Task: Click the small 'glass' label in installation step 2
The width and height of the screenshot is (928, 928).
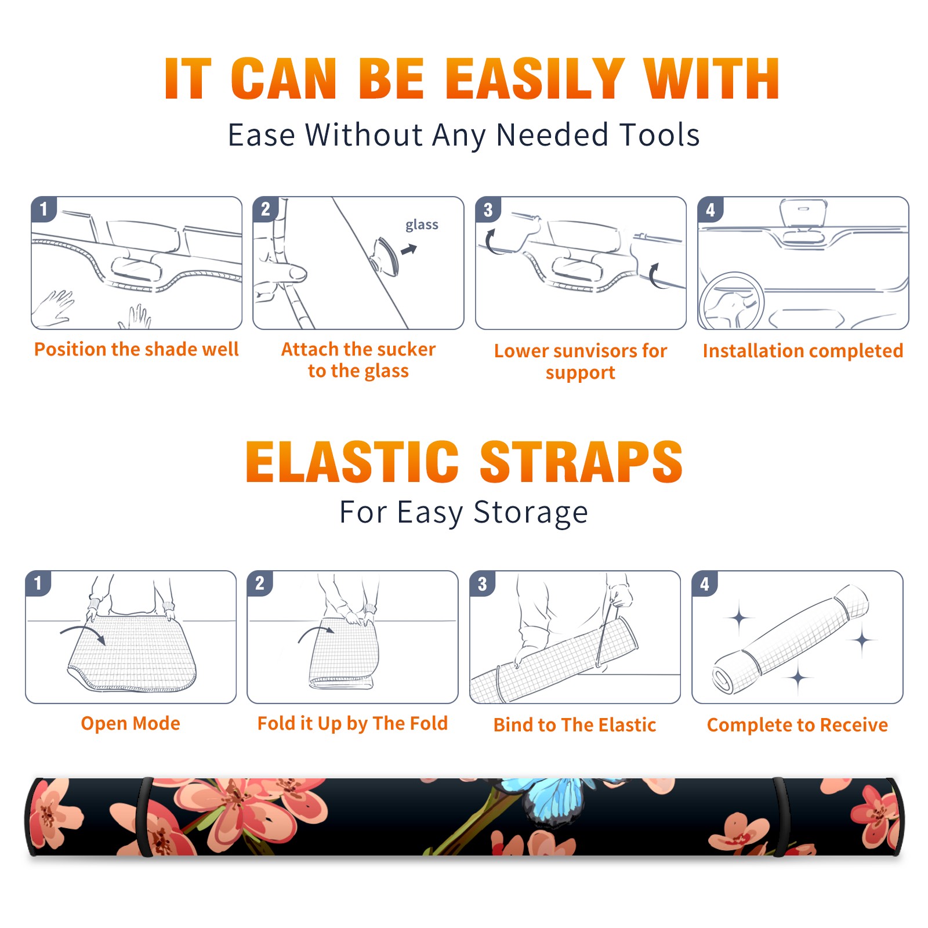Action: point(422,225)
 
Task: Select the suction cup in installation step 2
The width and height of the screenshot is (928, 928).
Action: point(385,256)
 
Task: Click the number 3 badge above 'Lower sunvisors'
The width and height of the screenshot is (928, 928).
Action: point(488,209)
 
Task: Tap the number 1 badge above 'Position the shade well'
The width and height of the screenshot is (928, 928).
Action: point(43,209)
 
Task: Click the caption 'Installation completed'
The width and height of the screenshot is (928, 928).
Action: point(803,351)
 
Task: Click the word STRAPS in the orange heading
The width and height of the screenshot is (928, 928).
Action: point(581,462)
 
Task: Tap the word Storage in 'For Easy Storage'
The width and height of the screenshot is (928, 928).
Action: point(531,513)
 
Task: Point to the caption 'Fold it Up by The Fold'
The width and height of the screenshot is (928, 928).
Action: point(353,723)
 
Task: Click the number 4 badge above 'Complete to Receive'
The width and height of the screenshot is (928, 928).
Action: point(704,583)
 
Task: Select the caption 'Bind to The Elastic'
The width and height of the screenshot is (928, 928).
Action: point(575,725)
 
